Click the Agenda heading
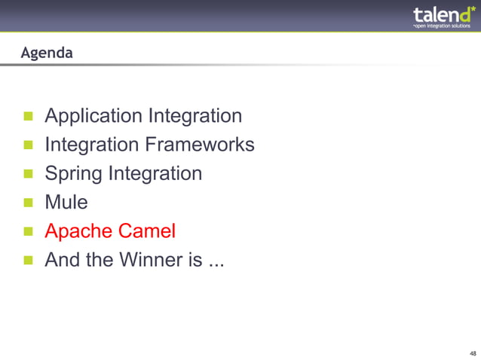[47, 53]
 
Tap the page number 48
[472, 353]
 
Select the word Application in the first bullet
[93, 116]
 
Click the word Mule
[66, 203]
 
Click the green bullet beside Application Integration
[29, 117]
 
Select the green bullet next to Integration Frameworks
[29, 145]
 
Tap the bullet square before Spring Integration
[29, 174]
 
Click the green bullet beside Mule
[29, 203]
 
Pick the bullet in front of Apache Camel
[29, 231]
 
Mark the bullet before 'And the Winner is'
[29, 261]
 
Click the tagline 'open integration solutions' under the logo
[443, 26]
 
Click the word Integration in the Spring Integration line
[155, 174]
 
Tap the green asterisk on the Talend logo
[473, 8]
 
